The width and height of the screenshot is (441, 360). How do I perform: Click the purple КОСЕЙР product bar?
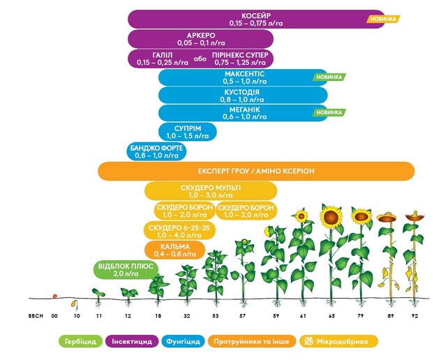pyautogui.click(x=251, y=19)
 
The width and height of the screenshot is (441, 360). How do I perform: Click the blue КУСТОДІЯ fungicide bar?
pyautogui.click(x=243, y=96)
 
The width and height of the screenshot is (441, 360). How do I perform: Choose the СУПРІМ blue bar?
pyautogui.click(x=185, y=132)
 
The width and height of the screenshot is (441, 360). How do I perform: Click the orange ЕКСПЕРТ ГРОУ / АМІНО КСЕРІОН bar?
pyautogui.click(x=256, y=171)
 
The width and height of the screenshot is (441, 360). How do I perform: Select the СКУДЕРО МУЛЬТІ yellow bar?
pyautogui.click(x=210, y=192)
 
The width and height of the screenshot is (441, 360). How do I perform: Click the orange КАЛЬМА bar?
pyautogui.click(x=175, y=250)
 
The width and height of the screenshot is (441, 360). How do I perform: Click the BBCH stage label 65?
pyautogui.click(x=331, y=315)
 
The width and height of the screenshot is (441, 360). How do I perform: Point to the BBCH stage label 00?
pyautogui.click(x=54, y=315)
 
